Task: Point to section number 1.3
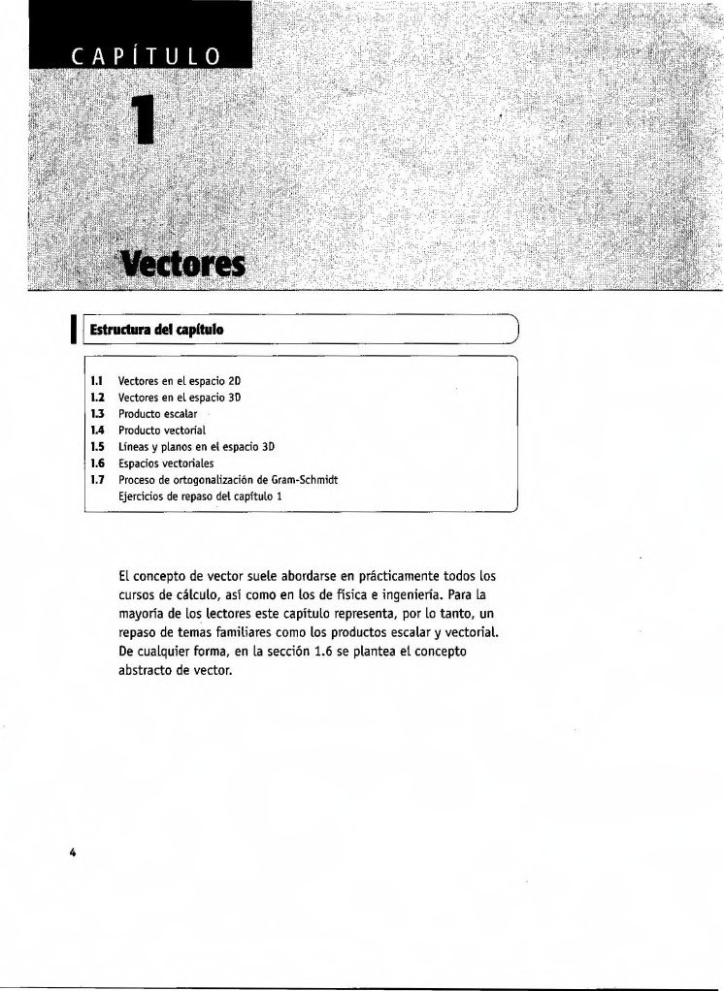click(97, 413)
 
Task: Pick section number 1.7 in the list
click(97, 478)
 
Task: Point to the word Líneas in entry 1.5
click(133, 446)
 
